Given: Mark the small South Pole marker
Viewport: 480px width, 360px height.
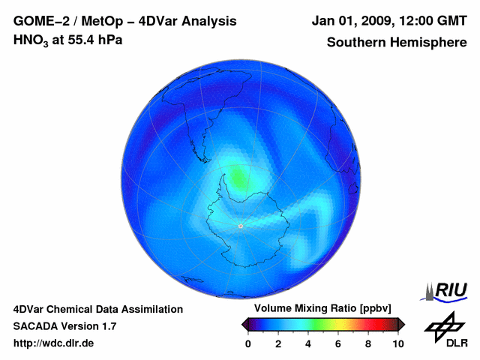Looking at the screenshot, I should (x=240, y=226).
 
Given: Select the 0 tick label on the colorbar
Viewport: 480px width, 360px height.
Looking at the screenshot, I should (x=248, y=343).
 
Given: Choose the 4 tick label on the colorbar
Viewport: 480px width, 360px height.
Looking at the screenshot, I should (x=308, y=343).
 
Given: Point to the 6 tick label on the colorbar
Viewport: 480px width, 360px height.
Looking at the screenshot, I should (x=338, y=343).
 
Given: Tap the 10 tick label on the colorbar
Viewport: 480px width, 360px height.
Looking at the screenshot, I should (x=397, y=343).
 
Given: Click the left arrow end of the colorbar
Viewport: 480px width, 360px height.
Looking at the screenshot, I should (x=244, y=324).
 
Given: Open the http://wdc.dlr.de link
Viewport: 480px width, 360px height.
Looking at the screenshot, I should (x=54, y=343).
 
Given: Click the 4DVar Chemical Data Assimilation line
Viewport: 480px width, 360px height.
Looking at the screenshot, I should (x=97, y=309).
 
